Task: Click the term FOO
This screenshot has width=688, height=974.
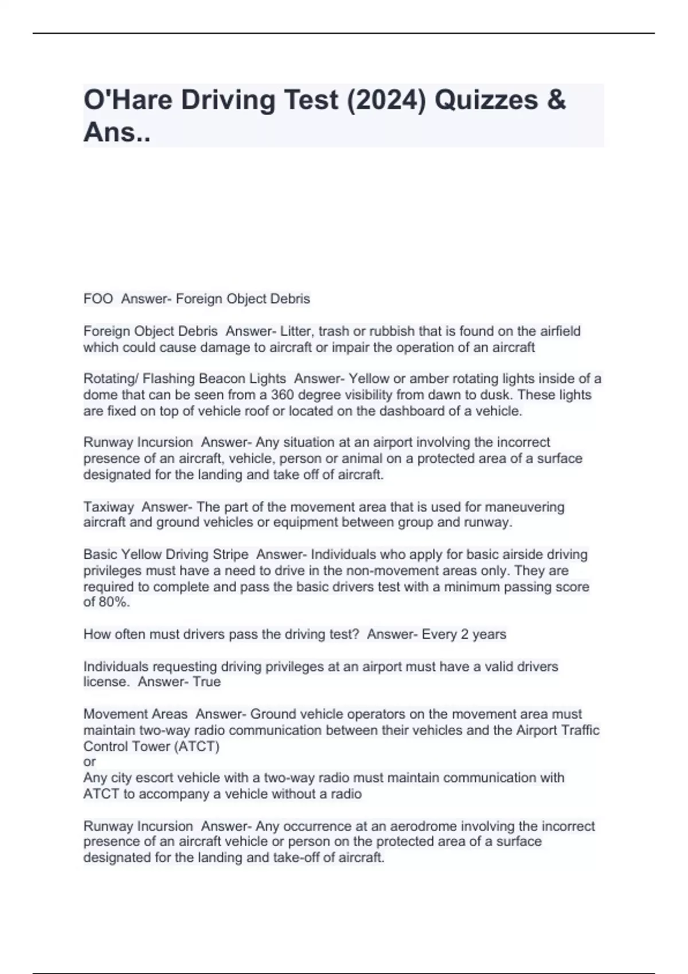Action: [98, 299]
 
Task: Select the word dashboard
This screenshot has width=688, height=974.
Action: [411, 411]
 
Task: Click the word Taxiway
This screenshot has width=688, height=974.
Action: [108, 507]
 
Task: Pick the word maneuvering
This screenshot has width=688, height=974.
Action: [525, 507]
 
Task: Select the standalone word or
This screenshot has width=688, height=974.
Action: [89, 762]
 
